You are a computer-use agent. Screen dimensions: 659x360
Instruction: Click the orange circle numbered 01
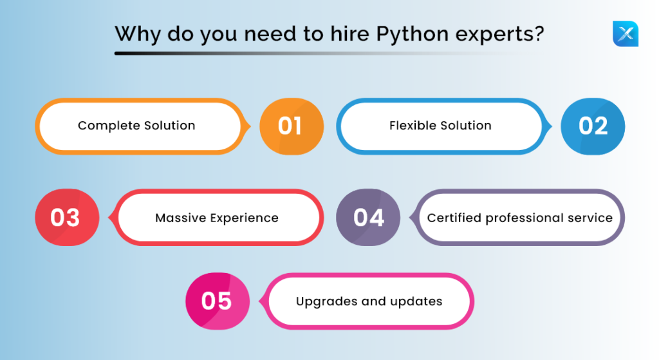click(x=292, y=126)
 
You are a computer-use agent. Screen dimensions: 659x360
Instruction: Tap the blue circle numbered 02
click(x=593, y=126)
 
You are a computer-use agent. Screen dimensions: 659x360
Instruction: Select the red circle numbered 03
click(x=67, y=218)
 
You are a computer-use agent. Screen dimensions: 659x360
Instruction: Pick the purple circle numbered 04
click(x=368, y=218)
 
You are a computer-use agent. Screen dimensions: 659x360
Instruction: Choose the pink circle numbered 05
click(x=218, y=301)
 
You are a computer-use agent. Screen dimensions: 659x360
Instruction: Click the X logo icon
click(x=626, y=33)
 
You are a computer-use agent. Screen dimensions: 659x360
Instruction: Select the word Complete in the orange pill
click(x=109, y=126)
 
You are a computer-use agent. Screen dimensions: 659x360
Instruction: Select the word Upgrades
click(x=326, y=302)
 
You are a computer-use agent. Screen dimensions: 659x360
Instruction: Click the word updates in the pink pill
click(x=416, y=301)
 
